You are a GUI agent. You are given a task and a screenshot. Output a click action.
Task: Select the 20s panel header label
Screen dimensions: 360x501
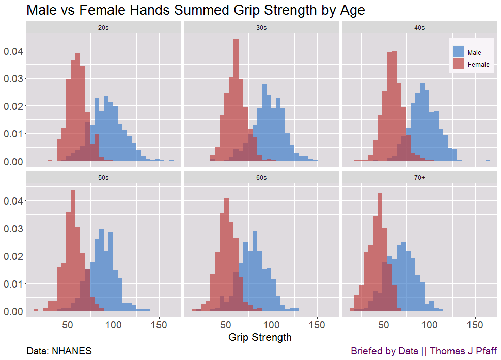click(103, 28)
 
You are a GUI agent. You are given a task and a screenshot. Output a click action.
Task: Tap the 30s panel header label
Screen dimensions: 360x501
click(261, 28)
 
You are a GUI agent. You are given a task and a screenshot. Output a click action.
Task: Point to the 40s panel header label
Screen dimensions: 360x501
click(419, 28)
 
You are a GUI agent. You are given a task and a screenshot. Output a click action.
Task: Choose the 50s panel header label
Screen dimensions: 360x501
click(103, 178)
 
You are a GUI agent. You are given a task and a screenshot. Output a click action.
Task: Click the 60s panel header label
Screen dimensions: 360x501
click(261, 178)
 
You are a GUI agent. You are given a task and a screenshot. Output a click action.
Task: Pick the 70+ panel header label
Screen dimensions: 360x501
click(419, 178)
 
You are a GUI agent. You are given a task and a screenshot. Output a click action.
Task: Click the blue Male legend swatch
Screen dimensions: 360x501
click(458, 52)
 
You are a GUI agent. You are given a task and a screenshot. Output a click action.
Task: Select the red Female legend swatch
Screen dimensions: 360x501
click(458, 64)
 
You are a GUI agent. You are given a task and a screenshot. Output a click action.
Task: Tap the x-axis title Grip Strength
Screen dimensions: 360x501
click(260, 338)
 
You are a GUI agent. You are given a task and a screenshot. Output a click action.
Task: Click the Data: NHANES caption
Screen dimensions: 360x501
click(59, 351)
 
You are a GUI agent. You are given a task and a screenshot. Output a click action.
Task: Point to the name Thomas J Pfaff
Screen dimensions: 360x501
click(463, 351)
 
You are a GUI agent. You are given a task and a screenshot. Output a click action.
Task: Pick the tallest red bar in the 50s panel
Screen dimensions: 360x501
click(73, 251)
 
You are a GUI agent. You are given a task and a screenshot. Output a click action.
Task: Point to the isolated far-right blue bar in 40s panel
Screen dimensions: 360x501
click(487, 161)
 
